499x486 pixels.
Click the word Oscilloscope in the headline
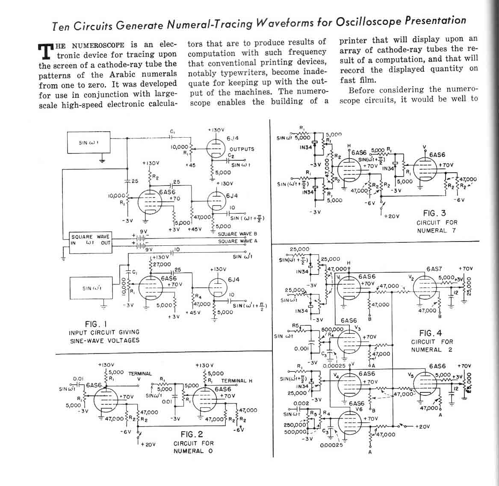click(369, 21)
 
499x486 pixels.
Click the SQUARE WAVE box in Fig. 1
click(91, 240)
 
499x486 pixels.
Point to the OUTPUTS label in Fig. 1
click(242, 149)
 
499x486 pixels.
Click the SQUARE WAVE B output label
click(237, 234)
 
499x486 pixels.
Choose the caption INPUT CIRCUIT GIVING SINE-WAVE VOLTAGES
click(104, 336)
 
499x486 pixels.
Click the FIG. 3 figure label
click(434, 213)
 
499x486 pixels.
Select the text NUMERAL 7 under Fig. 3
click(437, 231)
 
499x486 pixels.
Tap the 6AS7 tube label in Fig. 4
click(434, 269)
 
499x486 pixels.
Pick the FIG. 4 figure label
click(431, 333)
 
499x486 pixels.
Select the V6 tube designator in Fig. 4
click(360, 409)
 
